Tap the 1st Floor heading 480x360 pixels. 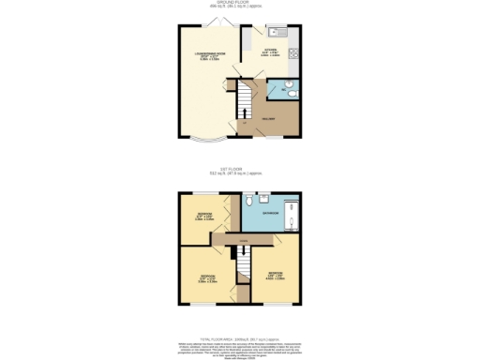point(240,171)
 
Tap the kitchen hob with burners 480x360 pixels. point(293,51)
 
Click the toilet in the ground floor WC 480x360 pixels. point(291,91)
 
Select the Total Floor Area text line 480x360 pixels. point(240,339)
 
